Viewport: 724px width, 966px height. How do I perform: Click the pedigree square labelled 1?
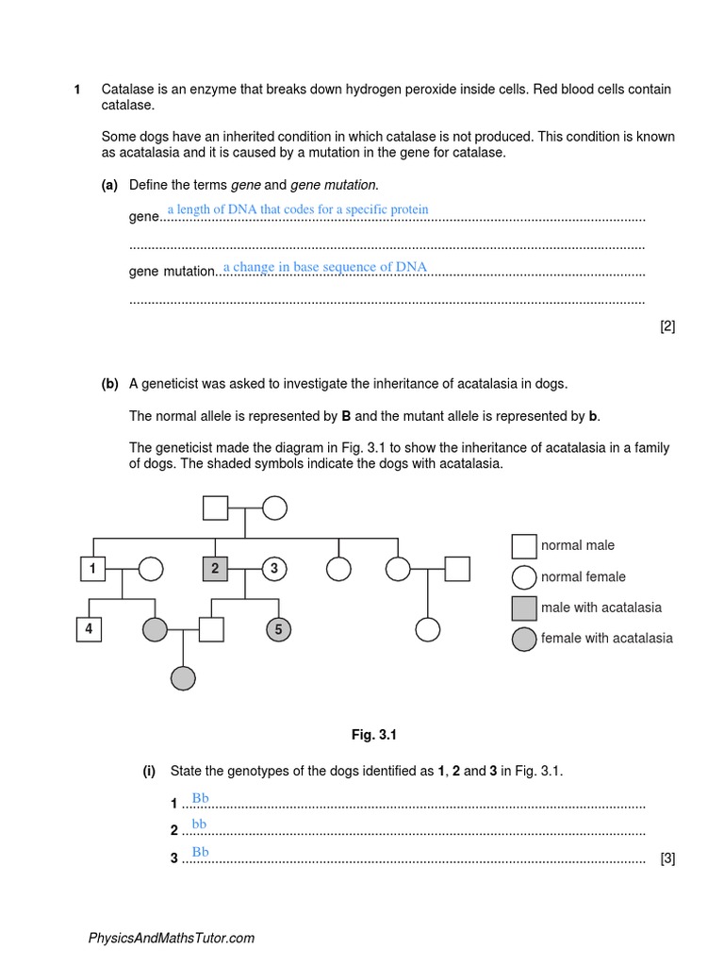click(x=92, y=569)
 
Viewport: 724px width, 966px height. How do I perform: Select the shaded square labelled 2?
click(x=215, y=569)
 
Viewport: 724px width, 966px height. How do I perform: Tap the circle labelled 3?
click(x=274, y=569)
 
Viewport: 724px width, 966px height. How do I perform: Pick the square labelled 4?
click(x=89, y=629)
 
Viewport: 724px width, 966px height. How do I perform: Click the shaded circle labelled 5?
click(x=277, y=629)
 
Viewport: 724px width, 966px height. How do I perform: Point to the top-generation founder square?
click(x=215, y=508)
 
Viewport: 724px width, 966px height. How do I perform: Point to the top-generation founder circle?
click(x=274, y=508)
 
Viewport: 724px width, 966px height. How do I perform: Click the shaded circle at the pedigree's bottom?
click(x=183, y=677)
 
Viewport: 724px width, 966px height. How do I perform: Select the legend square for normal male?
click(x=524, y=546)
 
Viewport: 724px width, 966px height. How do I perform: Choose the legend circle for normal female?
click(x=524, y=577)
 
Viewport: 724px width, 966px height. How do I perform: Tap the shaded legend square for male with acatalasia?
click(x=524, y=608)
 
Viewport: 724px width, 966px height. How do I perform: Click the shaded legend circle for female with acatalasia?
click(x=524, y=639)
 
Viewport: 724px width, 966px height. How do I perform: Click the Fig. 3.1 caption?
click(x=369, y=734)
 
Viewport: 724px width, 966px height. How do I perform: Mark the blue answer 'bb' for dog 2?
click(x=199, y=824)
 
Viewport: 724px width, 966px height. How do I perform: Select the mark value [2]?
click(x=667, y=326)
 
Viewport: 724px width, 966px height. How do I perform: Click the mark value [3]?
click(x=667, y=858)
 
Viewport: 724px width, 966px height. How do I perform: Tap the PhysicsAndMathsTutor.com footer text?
click(x=171, y=938)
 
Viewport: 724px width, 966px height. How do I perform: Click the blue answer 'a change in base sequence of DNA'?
click(x=325, y=267)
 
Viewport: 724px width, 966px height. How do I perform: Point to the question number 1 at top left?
click(x=77, y=90)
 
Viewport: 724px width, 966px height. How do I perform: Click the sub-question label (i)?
click(x=149, y=771)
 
